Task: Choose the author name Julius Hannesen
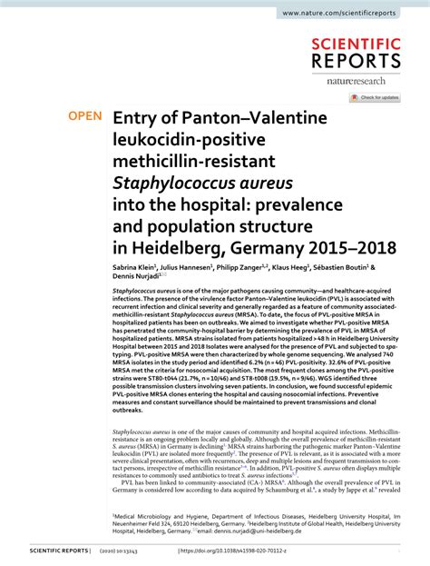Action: pos(187,268)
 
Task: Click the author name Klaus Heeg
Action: pos(291,268)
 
